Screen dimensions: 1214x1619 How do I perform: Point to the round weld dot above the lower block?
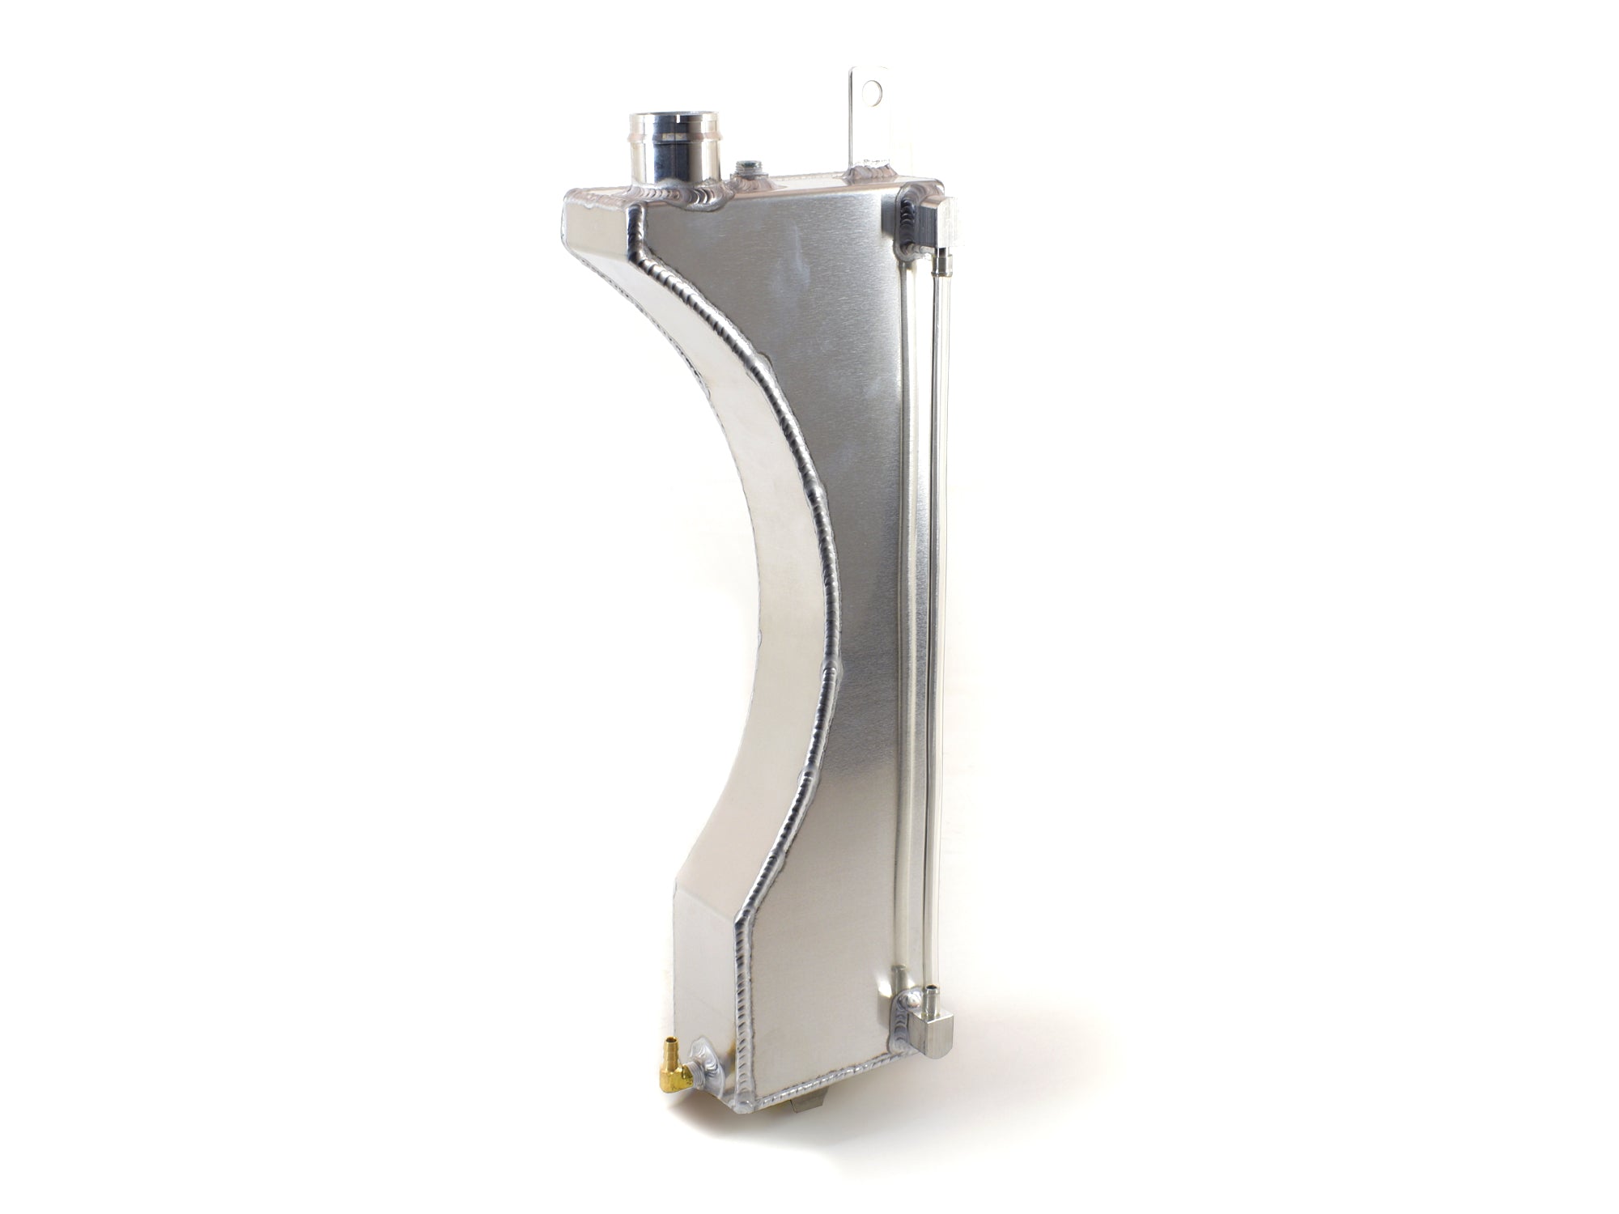912,1000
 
